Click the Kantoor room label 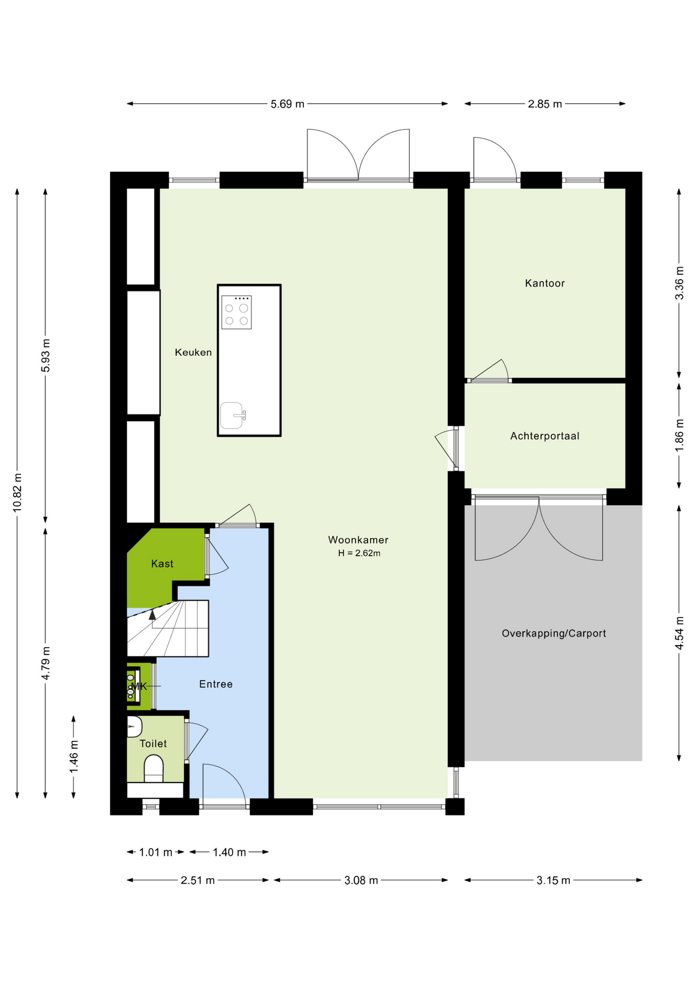pyautogui.click(x=545, y=283)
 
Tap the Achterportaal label pyautogui.click(x=545, y=436)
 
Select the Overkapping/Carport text pyautogui.click(x=554, y=633)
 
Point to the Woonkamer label pyautogui.click(x=358, y=540)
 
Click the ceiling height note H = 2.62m pyautogui.click(x=359, y=553)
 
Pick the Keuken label pyautogui.click(x=193, y=353)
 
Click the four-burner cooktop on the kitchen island pyautogui.click(x=236, y=312)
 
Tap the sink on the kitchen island pyautogui.click(x=232, y=415)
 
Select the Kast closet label pyautogui.click(x=162, y=564)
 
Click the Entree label pyautogui.click(x=216, y=684)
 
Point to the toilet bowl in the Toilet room pyautogui.click(x=154, y=769)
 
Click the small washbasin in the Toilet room pyautogui.click(x=134, y=726)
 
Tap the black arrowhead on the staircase pyautogui.click(x=152, y=615)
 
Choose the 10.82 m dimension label pyautogui.click(x=18, y=493)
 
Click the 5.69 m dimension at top pyautogui.click(x=288, y=104)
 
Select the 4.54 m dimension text pyautogui.click(x=680, y=632)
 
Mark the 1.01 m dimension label pyautogui.click(x=156, y=852)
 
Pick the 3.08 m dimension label pyautogui.click(x=361, y=880)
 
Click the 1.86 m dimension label pyautogui.click(x=680, y=436)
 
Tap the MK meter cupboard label pyautogui.click(x=139, y=686)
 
